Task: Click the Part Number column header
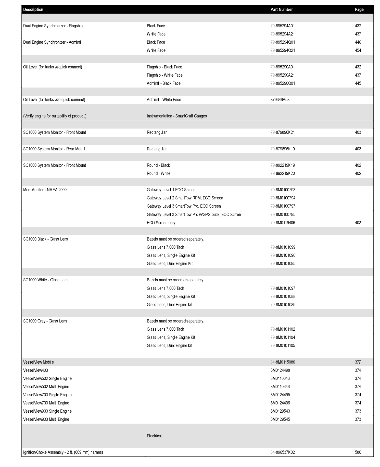pos(281,9)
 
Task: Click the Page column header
pos(359,9)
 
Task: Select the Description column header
pos(33,9)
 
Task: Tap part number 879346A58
pos(280,100)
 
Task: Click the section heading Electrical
pos(154,436)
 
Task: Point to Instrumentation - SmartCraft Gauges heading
pos(177,116)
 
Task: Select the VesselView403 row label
pos(35,370)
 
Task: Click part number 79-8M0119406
pos(283,223)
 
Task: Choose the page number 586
pos(358,452)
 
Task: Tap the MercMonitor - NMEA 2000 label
pos(45,190)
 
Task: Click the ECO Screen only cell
pos(161,223)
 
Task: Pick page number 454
pos(358,50)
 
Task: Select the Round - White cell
pos(158,173)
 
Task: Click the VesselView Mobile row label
pos(39,362)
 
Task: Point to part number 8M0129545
pos(280,419)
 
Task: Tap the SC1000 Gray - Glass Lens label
pos(45,321)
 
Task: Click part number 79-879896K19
pos(283,149)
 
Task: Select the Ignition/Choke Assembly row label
pos(63,452)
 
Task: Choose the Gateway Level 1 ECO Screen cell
pos(171,190)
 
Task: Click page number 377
pos(358,362)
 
